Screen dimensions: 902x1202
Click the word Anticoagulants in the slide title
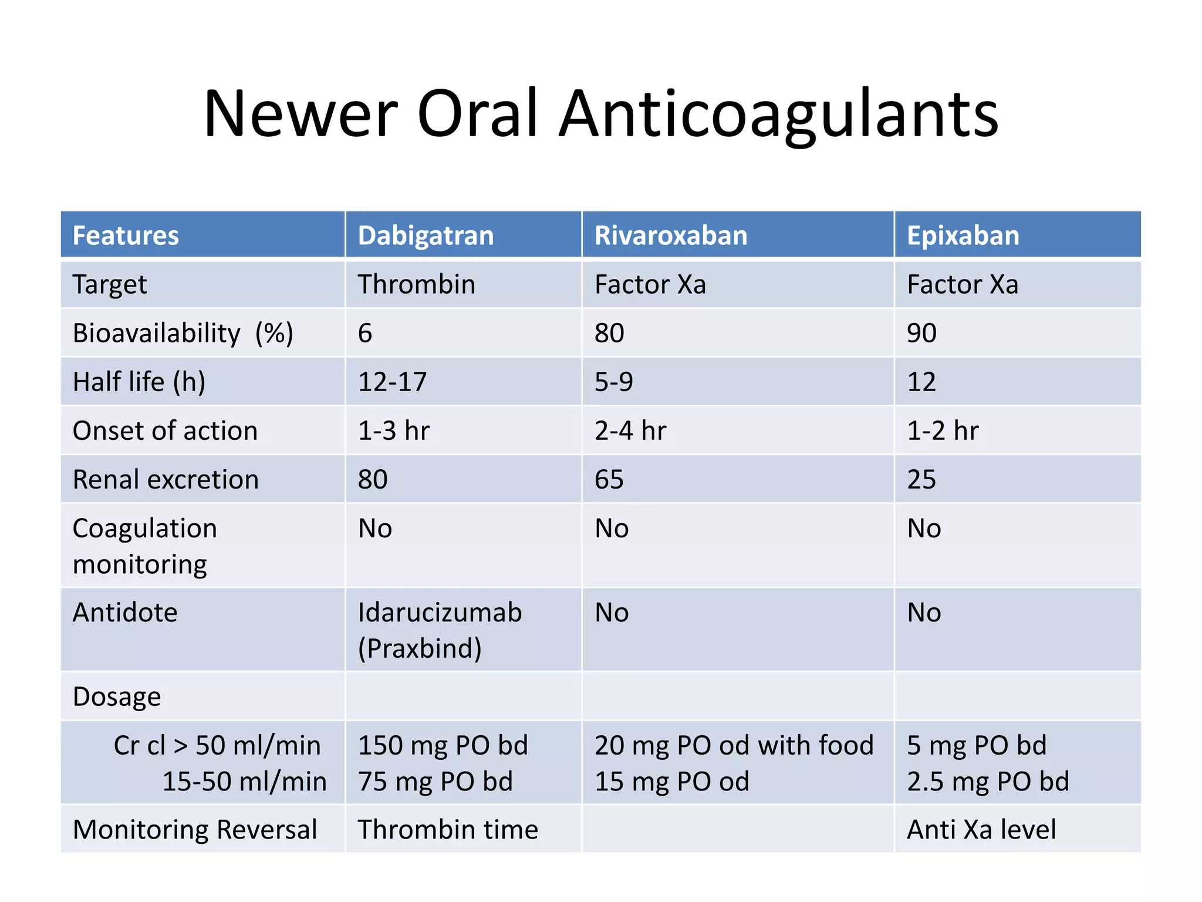[x=778, y=115]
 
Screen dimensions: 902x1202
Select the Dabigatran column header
[x=426, y=235]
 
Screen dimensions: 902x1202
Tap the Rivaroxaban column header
[x=670, y=235]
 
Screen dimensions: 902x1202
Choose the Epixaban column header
[x=963, y=235]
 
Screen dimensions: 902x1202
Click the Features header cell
[x=126, y=235]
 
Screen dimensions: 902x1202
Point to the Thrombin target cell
[x=416, y=285]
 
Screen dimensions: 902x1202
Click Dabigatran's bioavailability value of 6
[x=365, y=334]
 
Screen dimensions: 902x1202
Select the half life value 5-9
[x=613, y=382]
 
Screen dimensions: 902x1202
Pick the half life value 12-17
[x=392, y=382]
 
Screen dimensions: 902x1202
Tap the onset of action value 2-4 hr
[x=630, y=431]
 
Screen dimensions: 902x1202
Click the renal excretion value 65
[x=609, y=480]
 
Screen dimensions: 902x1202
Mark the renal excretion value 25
[x=921, y=480]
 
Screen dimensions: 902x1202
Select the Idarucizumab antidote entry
[x=440, y=613]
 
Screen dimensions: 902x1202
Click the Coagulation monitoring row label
[x=144, y=546]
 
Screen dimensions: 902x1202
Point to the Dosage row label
[x=117, y=697]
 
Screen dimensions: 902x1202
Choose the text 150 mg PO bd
[x=443, y=746]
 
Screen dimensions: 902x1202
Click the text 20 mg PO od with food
[x=734, y=746]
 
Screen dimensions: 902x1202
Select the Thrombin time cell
[x=448, y=830]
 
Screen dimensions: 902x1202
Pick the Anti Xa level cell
[x=981, y=830]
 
